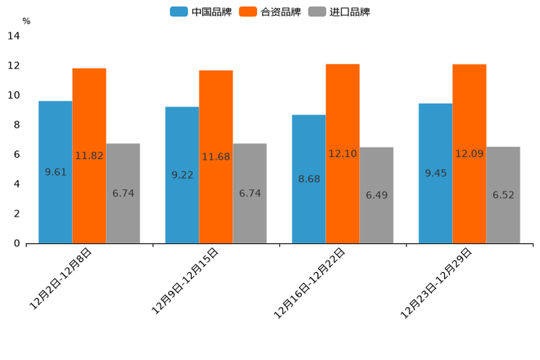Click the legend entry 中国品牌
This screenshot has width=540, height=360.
coord(201,12)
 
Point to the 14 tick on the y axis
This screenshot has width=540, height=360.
coord(14,36)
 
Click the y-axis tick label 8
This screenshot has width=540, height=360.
coord(17,125)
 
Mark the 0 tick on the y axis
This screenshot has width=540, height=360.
coord(17,243)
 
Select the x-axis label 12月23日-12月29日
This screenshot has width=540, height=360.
coord(436,283)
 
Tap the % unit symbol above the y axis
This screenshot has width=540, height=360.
coord(26,21)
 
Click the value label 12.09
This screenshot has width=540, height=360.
coord(470,154)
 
